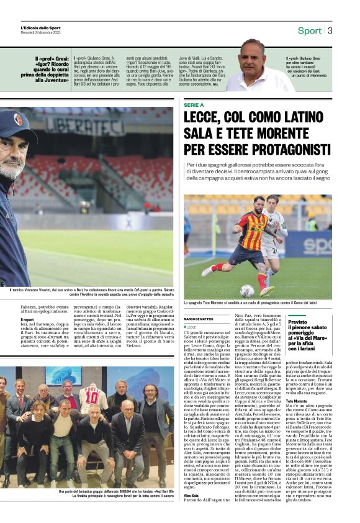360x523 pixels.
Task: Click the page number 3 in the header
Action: (330, 30)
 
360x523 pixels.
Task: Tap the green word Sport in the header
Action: (309, 30)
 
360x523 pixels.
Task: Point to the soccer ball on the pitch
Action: (247, 290)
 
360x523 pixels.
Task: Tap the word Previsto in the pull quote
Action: (297, 322)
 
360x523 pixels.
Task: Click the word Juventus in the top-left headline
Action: (52, 80)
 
